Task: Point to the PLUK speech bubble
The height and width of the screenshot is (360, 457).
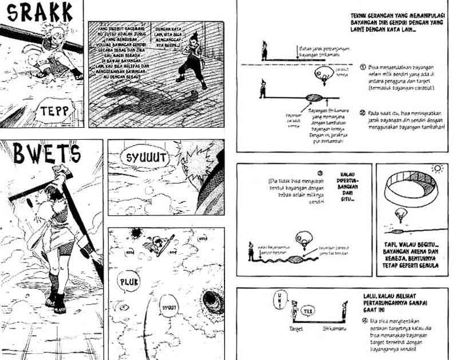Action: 128,282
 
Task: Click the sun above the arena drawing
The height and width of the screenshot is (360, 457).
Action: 438,169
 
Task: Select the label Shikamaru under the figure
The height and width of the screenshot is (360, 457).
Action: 342,330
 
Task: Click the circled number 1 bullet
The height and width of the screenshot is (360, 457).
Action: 363,66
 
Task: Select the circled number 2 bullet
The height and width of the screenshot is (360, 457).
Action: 363,112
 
